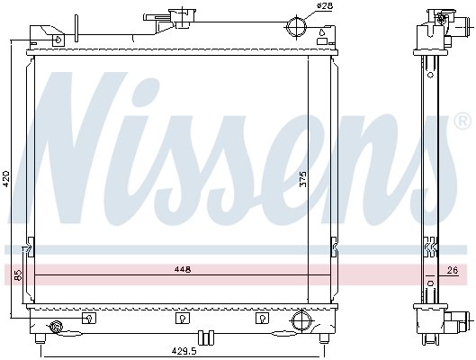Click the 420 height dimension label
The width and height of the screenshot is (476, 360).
pos(6,179)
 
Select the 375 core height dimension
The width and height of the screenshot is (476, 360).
pos(303,179)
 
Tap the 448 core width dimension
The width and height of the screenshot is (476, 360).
pos(183,269)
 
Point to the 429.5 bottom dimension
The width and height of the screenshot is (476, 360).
pos(184,351)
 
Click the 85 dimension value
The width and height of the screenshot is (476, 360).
pos(18,275)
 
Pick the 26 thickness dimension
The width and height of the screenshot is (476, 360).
pos(453,270)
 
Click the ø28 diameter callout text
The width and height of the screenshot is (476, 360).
pos(325,5)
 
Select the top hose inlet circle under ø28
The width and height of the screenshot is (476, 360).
pos(297,27)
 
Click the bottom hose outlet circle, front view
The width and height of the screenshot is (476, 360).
pos(301,319)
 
